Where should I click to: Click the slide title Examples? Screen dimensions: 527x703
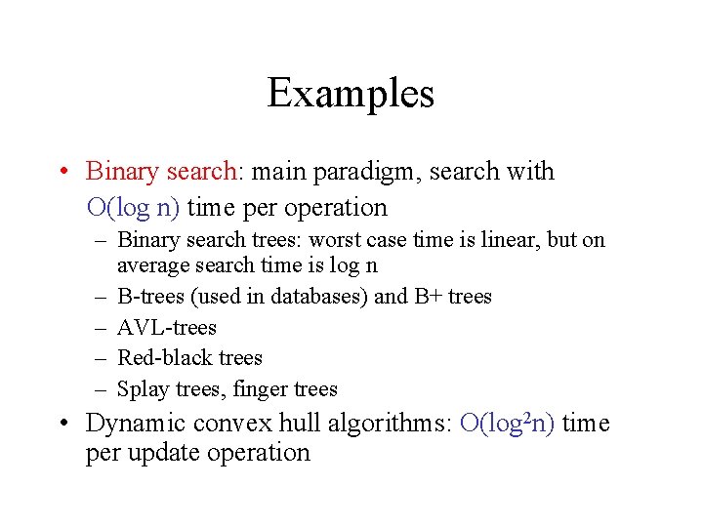click(x=351, y=94)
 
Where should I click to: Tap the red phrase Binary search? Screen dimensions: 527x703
click(x=161, y=172)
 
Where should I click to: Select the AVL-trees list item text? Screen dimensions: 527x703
click(x=166, y=327)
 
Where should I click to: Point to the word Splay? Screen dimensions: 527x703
click(x=141, y=389)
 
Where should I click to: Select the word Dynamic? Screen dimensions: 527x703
click(x=136, y=424)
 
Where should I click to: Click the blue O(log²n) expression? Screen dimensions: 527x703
click(x=507, y=424)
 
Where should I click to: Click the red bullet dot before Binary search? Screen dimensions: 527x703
click(x=62, y=172)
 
